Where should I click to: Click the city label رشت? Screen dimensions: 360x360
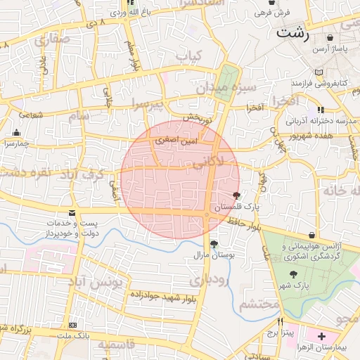[x=293, y=33]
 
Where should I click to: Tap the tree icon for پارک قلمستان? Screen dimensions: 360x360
[x=236, y=196]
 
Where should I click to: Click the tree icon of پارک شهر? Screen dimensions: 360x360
[x=293, y=274]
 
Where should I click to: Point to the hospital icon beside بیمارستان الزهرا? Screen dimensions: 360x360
[x=321, y=337]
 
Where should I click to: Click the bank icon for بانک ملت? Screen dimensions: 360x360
[x=74, y=326]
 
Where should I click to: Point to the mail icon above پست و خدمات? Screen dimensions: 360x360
[x=72, y=213]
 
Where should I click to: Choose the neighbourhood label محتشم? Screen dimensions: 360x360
[x=259, y=304]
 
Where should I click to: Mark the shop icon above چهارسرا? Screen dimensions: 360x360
[x=17, y=132]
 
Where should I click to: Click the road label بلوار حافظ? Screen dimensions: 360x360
[x=246, y=224]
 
